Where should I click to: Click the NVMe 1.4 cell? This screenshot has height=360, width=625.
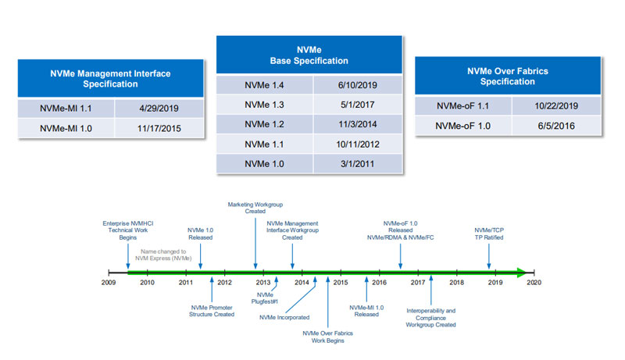click(x=264, y=85)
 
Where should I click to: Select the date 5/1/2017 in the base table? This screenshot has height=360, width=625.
click(x=358, y=105)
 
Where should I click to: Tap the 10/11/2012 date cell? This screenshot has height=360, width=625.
click(x=358, y=144)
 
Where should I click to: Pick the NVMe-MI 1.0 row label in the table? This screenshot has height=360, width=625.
click(x=66, y=129)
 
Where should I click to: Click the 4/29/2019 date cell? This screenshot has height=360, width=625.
click(x=159, y=109)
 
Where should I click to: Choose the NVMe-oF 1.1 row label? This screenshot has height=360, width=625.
click(x=462, y=106)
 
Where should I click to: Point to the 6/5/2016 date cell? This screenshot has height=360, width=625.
click(x=556, y=126)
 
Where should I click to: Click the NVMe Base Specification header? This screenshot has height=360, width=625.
click(x=309, y=55)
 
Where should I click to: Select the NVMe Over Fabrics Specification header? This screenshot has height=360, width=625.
click(x=508, y=76)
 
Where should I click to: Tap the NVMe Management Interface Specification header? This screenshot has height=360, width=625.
click(x=110, y=78)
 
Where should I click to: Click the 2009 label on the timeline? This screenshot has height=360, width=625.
click(x=109, y=283)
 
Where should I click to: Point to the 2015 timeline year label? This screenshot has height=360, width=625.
click(x=341, y=283)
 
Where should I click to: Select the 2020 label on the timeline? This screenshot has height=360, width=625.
click(x=534, y=283)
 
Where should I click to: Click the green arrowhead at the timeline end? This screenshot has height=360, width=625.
click(x=522, y=273)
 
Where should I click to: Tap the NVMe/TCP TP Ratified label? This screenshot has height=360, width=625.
click(x=489, y=233)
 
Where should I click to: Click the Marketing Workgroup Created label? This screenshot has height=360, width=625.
click(x=255, y=208)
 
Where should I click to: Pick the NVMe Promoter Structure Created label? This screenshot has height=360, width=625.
click(x=212, y=311)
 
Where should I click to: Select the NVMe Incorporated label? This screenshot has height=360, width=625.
click(x=284, y=317)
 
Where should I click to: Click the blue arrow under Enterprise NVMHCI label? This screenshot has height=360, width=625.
click(x=128, y=256)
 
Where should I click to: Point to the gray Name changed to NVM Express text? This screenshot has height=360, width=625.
click(x=163, y=255)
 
